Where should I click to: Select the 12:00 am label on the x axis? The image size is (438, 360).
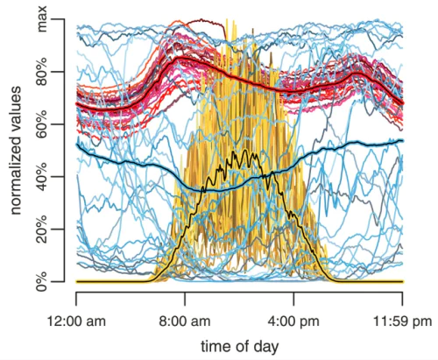click(x=76, y=321)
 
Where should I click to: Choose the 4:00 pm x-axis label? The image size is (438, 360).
click(x=293, y=321)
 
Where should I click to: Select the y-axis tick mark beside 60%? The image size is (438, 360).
click(x=60, y=124)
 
